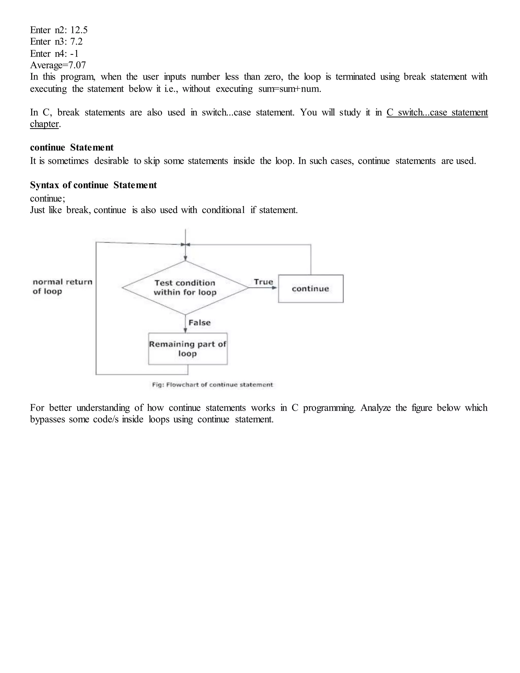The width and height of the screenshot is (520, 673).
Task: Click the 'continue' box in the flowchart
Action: click(311, 289)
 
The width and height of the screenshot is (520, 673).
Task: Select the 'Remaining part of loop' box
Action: click(188, 349)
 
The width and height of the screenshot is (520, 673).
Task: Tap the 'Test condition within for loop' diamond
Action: click(185, 287)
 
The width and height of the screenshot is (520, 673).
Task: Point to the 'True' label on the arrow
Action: click(263, 282)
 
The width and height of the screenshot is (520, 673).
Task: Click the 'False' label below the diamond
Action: click(200, 323)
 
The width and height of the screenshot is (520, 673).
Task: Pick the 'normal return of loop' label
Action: click(62, 286)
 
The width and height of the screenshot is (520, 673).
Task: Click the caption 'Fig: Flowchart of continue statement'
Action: click(212, 384)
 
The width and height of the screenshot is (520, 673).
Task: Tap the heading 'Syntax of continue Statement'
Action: click(93, 185)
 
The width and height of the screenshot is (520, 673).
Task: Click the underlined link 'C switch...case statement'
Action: click(437, 112)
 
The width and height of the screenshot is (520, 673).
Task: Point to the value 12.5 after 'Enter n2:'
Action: click(79, 30)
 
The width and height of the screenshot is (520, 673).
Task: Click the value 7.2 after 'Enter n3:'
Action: click(76, 41)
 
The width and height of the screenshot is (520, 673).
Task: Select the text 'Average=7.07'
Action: click(58, 65)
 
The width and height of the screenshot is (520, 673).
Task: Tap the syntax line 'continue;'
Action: click(47, 198)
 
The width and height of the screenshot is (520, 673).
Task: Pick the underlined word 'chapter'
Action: click(44, 124)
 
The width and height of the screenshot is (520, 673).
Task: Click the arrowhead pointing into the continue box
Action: click(274, 288)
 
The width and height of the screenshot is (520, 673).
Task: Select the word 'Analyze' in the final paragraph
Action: click(376, 408)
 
